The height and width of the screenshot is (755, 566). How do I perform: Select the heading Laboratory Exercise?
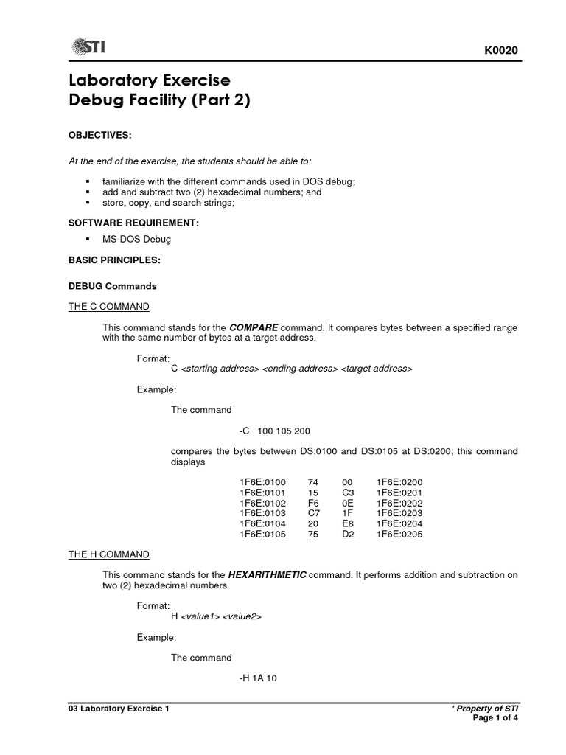[150, 80]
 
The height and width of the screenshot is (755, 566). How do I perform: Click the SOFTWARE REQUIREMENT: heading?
[134, 223]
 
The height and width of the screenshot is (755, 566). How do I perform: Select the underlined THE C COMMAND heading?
[108, 306]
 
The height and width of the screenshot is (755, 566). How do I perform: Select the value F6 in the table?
[313, 503]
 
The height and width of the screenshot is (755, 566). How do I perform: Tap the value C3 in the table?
[348, 493]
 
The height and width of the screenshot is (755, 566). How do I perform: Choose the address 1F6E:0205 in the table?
[399, 535]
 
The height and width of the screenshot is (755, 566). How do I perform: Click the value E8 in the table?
[348, 524]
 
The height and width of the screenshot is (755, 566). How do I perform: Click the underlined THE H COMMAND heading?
[109, 554]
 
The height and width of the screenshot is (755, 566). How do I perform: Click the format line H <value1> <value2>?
[216, 616]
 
